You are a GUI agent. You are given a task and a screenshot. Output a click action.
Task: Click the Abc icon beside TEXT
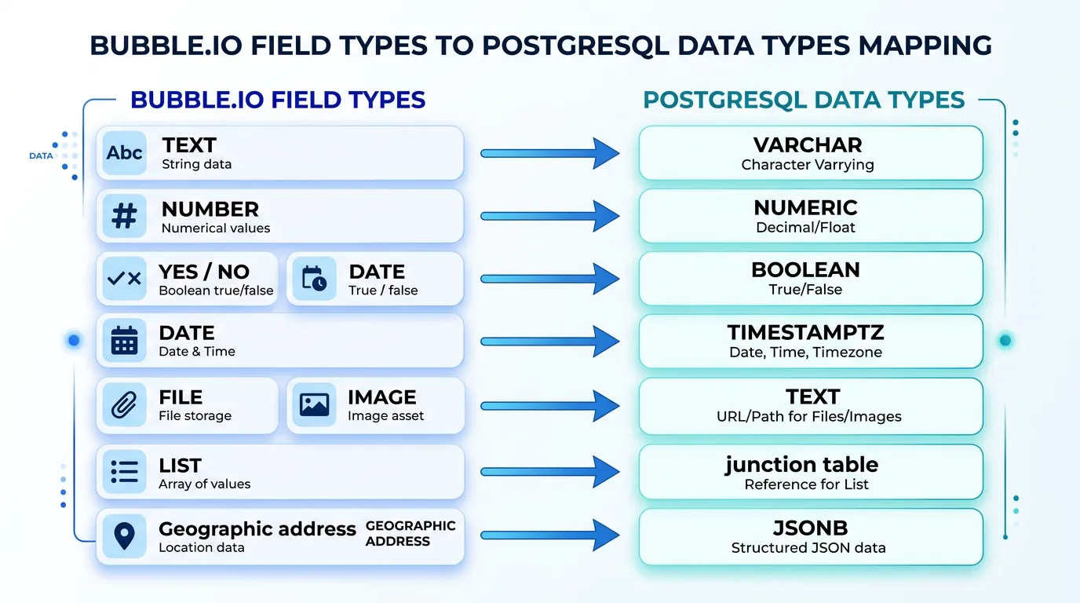[125, 153]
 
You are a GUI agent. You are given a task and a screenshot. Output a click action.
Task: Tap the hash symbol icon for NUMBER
[125, 216]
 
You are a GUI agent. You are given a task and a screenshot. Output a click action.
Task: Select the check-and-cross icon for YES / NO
[124, 279]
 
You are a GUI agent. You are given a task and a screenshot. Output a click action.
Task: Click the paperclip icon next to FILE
[124, 405]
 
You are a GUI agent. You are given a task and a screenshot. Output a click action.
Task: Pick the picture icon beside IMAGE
[314, 405]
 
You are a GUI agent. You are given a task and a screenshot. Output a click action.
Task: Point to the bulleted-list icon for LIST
[124, 471]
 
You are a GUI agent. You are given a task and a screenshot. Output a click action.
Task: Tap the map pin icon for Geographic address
[124, 535]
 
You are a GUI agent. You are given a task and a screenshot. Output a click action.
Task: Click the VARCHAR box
[810, 153]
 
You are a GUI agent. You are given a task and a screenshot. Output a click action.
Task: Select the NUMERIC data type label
[805, 208]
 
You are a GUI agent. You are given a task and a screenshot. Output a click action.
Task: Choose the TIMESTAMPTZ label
[805, 333]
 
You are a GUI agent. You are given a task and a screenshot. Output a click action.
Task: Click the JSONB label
[808, 528]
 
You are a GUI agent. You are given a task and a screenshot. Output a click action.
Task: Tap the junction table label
[801, 465]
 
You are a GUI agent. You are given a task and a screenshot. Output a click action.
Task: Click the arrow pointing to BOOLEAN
[549, 279]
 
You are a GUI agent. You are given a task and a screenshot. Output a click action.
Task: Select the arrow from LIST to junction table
[549, 472]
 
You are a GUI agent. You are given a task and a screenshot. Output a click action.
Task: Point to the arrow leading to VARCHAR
[549, 153]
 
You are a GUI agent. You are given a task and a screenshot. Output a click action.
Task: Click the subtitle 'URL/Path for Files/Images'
[808, 416]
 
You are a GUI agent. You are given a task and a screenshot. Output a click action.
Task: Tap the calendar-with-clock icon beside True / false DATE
[314, 279]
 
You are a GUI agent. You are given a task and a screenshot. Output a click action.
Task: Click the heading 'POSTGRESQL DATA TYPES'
[804, 100]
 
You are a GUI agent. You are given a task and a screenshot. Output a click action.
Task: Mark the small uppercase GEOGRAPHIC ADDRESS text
[410, 533]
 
